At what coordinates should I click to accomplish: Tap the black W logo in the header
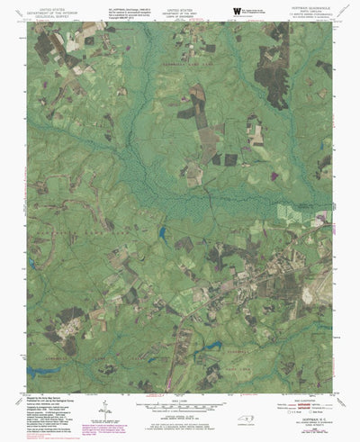point(237,11)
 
